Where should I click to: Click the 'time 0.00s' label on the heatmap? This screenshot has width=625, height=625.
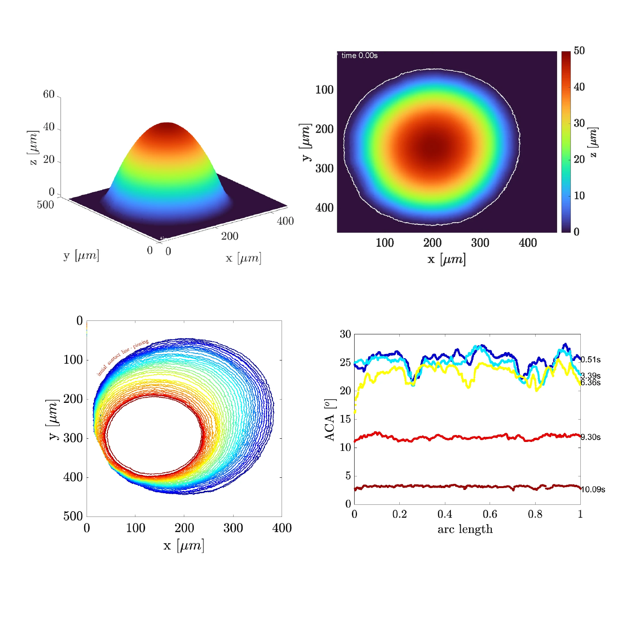[359, 55]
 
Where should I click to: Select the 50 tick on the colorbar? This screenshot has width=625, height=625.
[579, 51]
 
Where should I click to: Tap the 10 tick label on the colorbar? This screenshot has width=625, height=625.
[579, 196]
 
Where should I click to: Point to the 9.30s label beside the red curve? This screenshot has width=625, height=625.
[591, 437]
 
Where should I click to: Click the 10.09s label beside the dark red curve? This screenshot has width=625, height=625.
[593, 489]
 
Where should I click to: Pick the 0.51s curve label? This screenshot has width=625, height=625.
[591, 360]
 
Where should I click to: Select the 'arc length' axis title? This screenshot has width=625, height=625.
[465, 529]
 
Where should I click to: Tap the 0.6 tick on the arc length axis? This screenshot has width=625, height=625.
[490, 514]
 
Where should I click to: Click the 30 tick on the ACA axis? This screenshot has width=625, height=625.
[345, 334]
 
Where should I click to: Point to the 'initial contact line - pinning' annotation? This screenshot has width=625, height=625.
[122, 357]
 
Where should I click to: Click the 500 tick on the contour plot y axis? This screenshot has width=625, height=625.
[73, 516]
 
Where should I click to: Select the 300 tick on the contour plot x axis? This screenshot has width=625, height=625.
[233, 528]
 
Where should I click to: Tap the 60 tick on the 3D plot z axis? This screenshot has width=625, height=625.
[49, 95]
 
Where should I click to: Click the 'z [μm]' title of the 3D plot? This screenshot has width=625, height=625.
[33, 148]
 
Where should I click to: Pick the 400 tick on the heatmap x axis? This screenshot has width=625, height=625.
[528, 243]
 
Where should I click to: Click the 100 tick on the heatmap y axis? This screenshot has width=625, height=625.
[324, 89]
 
